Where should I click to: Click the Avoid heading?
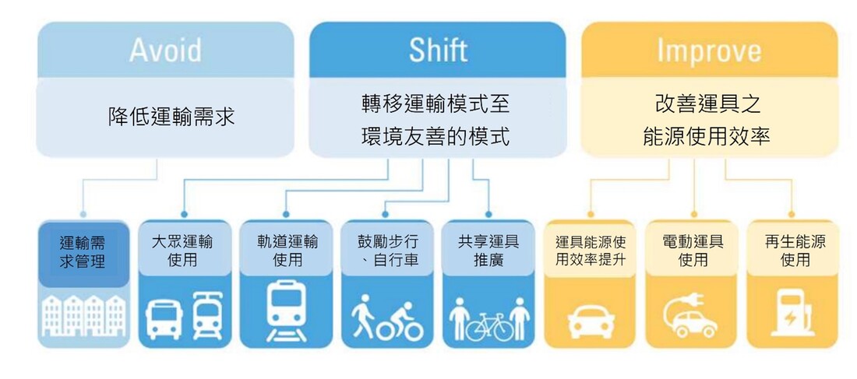pyautogui.click(x=165, y=51)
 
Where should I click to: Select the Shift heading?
pyautogui.click(x=438, y=51)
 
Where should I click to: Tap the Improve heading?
pyautogui.click(x=709, y=51)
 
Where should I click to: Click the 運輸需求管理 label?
pyautogui.click(x=83, y=252)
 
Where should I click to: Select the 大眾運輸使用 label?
pyautogui.click(x=182, y=251)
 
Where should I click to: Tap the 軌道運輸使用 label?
pyautogui.click(x=287, y=251)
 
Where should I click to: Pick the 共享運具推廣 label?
pyautogui.click(x=488, y=251)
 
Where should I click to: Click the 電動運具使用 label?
pyautogui.click(x=693, y=251)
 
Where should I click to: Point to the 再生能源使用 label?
pyautogui.click(x=795, y=251)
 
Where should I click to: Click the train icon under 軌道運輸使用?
pyautogui.click(x=287, y=311)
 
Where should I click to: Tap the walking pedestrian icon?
pyautogui.click(x=362, y=316)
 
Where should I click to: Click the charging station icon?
pyautogui.click(x=793, y=313)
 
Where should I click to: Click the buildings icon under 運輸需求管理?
pyautogui.click(x=83, y=316)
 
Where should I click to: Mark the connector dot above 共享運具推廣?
pyautogui.click(x=488, y=215)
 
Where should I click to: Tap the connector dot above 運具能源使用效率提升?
pyautogui.click(x=591, y=215)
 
